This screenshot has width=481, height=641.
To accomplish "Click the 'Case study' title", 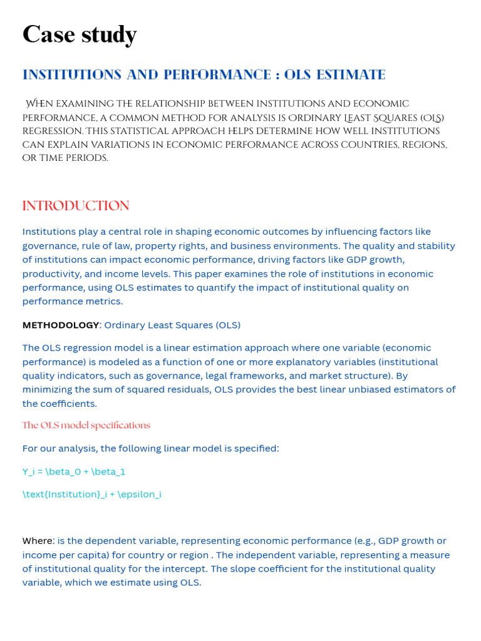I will click(80, 36).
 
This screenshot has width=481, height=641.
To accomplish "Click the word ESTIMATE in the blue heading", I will click(351, 75).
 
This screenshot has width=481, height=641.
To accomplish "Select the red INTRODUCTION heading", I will click(76, 206).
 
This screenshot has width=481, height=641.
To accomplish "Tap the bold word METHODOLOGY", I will click(61, 326).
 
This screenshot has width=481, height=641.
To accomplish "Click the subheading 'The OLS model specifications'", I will click(86, 426).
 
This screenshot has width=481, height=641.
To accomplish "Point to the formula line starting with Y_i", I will click(74, 471).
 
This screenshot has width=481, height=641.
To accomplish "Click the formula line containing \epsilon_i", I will click(92, 495).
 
